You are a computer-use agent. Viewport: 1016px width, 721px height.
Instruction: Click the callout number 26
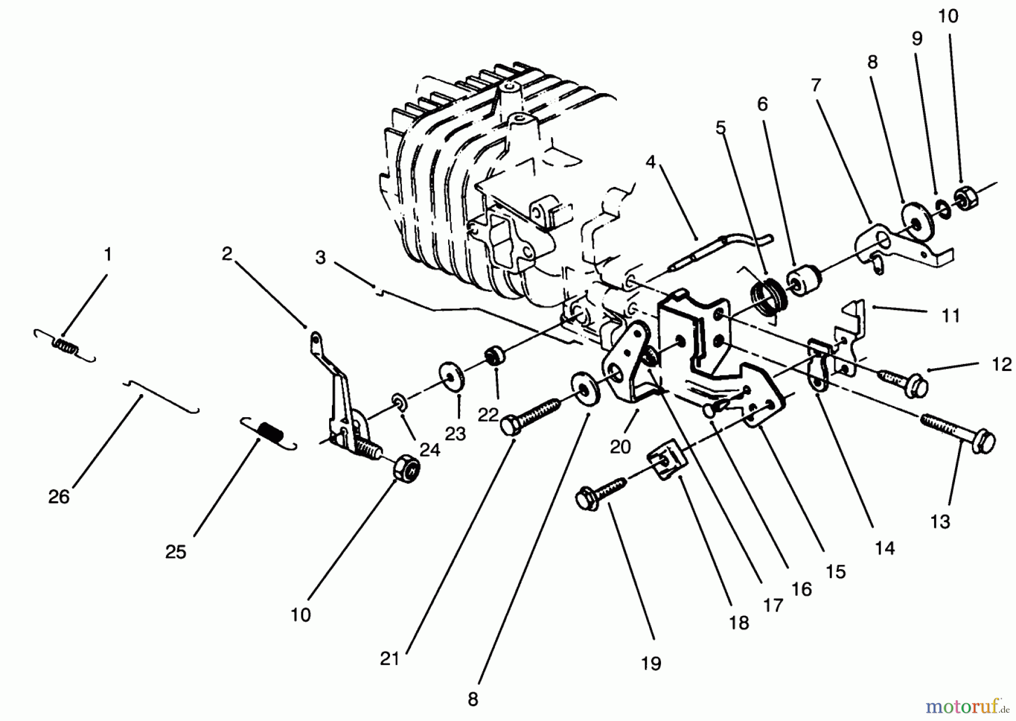click(x=59, y=497)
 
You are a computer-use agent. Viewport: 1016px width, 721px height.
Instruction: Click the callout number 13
click(x=940, y=522)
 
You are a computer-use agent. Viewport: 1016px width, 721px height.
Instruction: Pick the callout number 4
click(x=650, y=163)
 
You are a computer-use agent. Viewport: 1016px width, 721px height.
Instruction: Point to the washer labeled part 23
click(x=452, y=376)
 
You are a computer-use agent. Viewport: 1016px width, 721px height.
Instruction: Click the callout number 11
click(x=951, y=316)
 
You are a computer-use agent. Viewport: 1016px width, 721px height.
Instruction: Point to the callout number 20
click(x=620, y=447)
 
